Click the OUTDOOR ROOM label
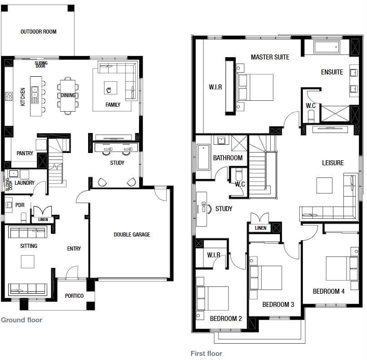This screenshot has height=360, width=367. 39,32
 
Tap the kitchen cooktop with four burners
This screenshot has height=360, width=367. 9,96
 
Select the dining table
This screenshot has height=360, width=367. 68,96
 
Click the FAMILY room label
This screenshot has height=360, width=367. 113,105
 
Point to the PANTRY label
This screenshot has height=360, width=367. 25,153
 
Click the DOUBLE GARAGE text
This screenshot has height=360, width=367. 132,235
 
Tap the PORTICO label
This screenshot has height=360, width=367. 74,296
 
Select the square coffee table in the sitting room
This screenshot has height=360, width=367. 28,261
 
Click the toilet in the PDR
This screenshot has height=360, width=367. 24,217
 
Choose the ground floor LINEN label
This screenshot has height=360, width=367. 43,220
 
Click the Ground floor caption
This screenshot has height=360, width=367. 21,320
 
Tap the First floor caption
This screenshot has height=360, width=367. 206,353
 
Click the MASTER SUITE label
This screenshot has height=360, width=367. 270,57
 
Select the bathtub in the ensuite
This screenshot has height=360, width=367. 327,47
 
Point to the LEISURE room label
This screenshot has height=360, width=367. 333,163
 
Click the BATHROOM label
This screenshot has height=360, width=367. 228,158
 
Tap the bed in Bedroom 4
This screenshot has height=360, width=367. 342,269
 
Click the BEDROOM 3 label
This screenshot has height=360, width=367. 278,305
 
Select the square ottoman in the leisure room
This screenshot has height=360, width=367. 324,186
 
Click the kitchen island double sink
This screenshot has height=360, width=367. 35,93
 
